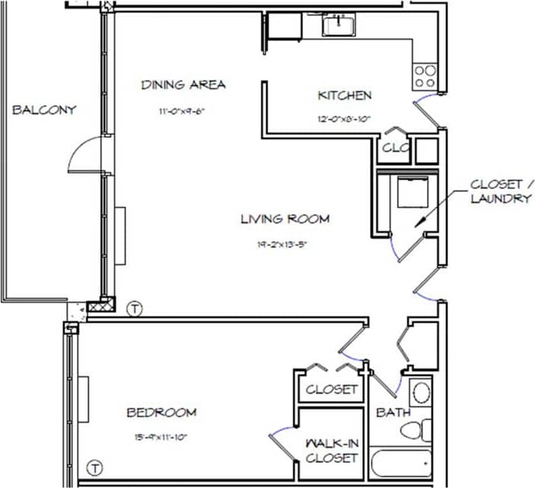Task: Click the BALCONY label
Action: click(x=44, y=110)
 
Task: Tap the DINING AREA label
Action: click(x=183, y=85)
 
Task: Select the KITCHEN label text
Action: click(x=345, y=95)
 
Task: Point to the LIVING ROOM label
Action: click(x=285, y=219)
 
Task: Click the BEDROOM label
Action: click(x=161, y=413)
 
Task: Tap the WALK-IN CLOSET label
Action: click(x=331, y=450)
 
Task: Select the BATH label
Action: click(x=393, y=413)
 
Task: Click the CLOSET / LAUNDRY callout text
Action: click(x=500, y=191)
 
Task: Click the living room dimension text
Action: click(x=285, y=245)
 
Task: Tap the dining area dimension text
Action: click(x=183, y=110)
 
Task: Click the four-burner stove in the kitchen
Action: click(x=425, y=75)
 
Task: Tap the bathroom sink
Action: click(x=421, y=394)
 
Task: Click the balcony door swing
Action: click(x=85, y=156)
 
